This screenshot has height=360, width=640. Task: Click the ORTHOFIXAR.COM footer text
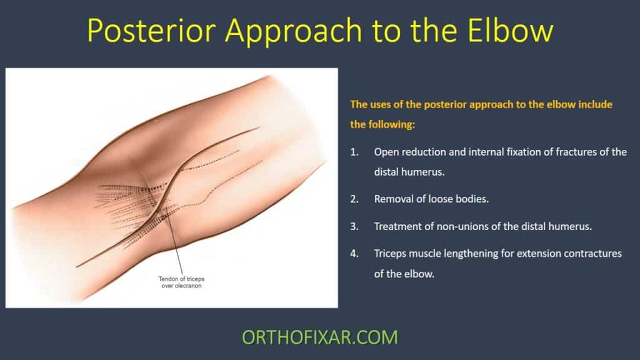[x=319, y=337]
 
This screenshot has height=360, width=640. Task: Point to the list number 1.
[x=354, y=152]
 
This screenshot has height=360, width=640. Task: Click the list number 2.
[x=354, y=199]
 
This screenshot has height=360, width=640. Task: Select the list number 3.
[x=354, y=226]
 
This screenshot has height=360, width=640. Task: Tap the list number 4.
[x=354, y=254]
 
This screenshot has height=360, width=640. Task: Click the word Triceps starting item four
[x=392, y=254]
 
